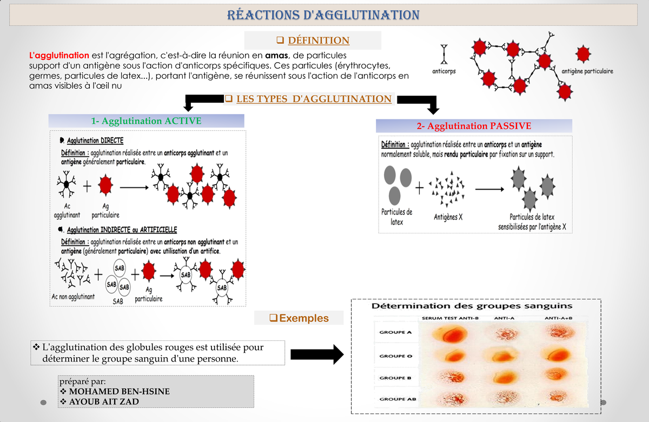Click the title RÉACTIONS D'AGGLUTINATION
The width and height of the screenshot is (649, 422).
click(323, 15)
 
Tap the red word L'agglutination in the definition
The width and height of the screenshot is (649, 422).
click(59, 55)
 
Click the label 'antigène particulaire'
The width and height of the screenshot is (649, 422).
click(587, 71)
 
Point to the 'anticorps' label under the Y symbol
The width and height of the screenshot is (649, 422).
click(444, 71)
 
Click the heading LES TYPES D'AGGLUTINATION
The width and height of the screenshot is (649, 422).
click(314, 99)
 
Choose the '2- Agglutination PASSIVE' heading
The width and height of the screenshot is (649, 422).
click(474, 126)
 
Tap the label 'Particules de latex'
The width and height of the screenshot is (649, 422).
click(397, 217)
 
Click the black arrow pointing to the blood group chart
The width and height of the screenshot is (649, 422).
click(317, 354)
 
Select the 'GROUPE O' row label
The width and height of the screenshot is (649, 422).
click(392, 356)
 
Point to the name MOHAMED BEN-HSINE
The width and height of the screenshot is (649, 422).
click(119, 391)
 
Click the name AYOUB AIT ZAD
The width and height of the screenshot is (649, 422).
click(104, 401)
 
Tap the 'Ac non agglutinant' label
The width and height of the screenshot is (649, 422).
click(73, 297)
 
